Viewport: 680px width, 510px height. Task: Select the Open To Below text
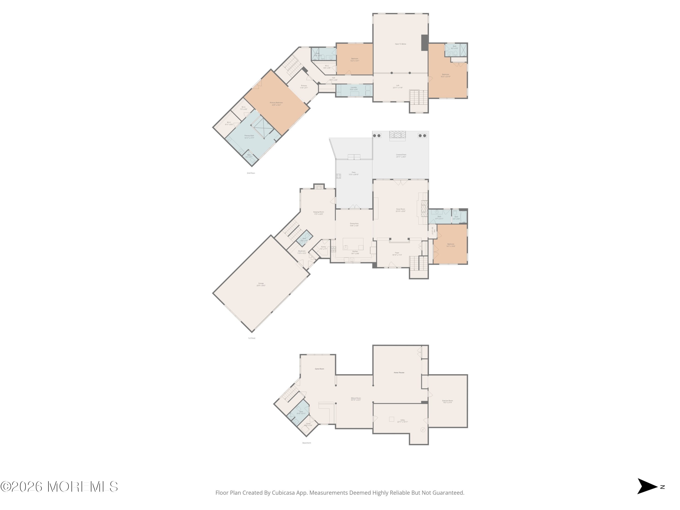[x=401, y=44]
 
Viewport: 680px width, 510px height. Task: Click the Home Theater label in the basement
[x=399, y=373]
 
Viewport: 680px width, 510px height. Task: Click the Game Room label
[x=319, y=369]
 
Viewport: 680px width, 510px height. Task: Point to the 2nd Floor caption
[x=251, y=173]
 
